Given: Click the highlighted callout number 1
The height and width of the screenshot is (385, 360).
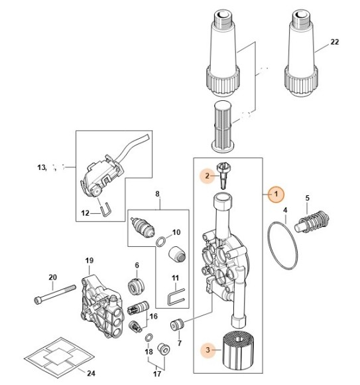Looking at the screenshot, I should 275,193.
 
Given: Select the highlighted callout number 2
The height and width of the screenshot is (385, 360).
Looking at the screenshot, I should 207,176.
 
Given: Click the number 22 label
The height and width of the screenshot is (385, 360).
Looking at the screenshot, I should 334,42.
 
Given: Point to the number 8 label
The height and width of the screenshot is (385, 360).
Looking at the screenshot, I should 158,194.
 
